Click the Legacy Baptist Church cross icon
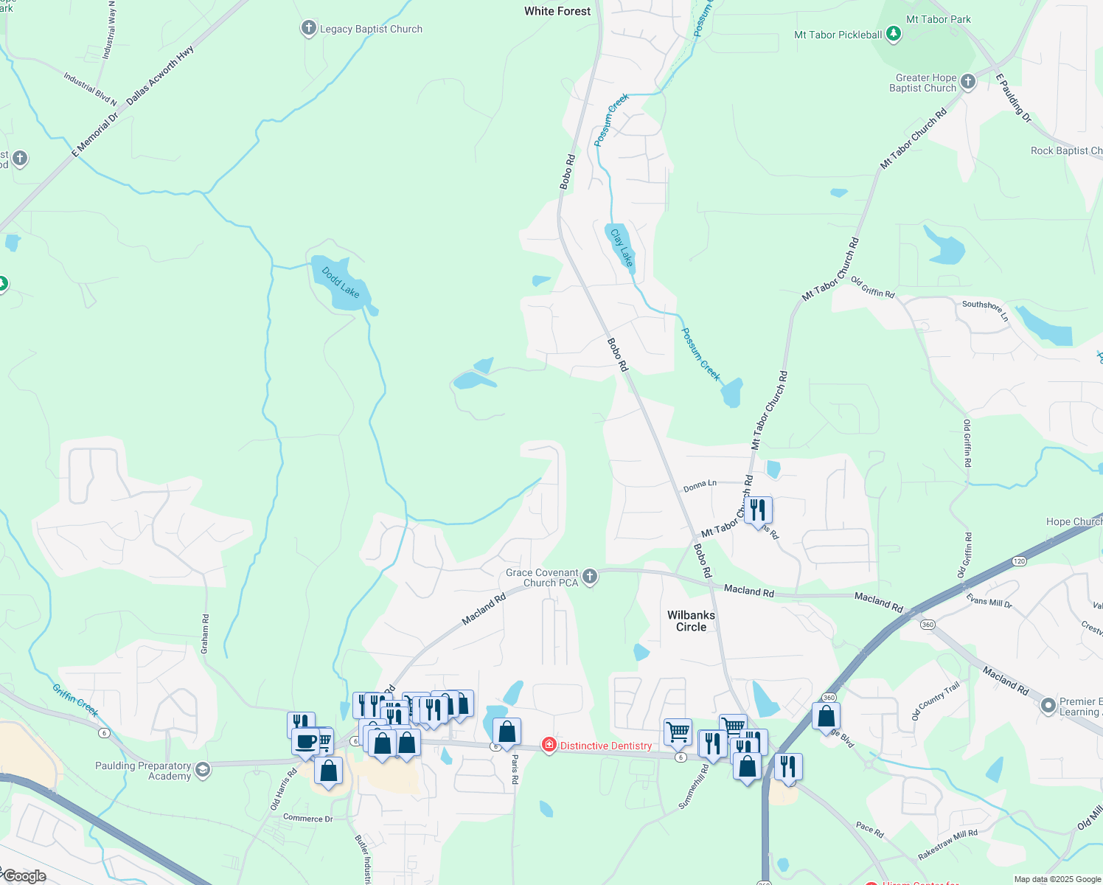pyautogui.click(x=308, y=29)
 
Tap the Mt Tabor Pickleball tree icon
pyautogui.click(x=893, y=34)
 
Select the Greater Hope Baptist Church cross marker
pyautogui.click(x=968, y=82)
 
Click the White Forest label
pyautogui.click(x=557, y=11)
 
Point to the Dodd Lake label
pyautogui.click(x=341, y=282)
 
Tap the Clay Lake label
pyautogui.click(x=622, y=247)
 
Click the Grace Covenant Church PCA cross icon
pyautogui.click(x=590, y=577)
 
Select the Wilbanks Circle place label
pyautogui.click(x=691, y=621)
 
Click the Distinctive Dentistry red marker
pyautogui.click(x=549, y=746)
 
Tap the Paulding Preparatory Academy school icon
pyautogui.click(x=203, y=771)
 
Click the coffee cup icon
pyautogui.click(x=305, y=741)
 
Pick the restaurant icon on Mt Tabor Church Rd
pyautogui.click(x=758, y=510)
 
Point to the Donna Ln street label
pyautogui.click(x=700, y=486)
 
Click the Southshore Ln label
pyautogui.click(x=985, y=309)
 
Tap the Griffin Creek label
pyautogui.click(x=75, y=699)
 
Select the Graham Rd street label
pyautogui.click(x=205, y=634)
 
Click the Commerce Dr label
pyautogui.click(x=308, y=818)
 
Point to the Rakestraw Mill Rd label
pyautogui.click(x=947, y=844)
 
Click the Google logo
pyautogui.click(x=24, y=876)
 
